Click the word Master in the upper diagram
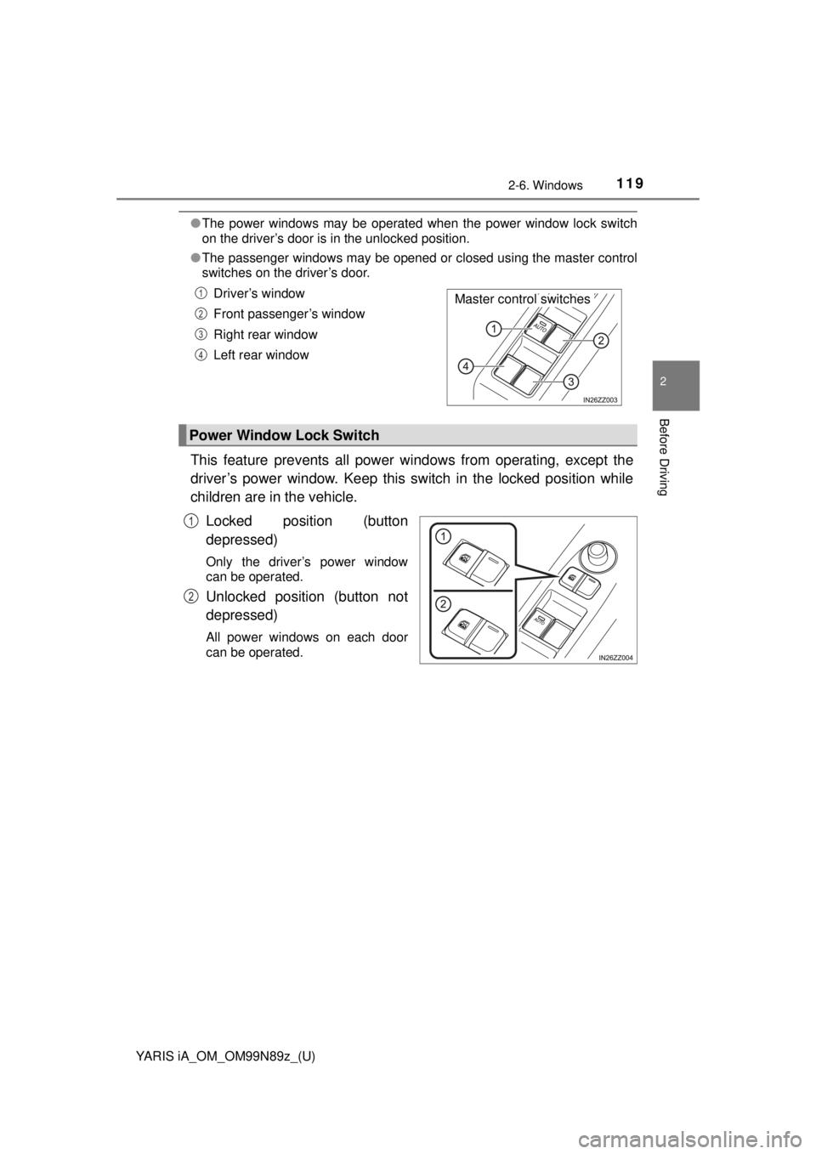[x=474, y=299]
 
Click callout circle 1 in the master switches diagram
[x=493, y=328]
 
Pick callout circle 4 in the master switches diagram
[x=467, y=366]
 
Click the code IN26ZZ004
[x=615, y=657]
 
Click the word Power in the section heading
[x=211, y=435]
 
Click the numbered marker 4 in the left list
[x=201, y=354]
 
